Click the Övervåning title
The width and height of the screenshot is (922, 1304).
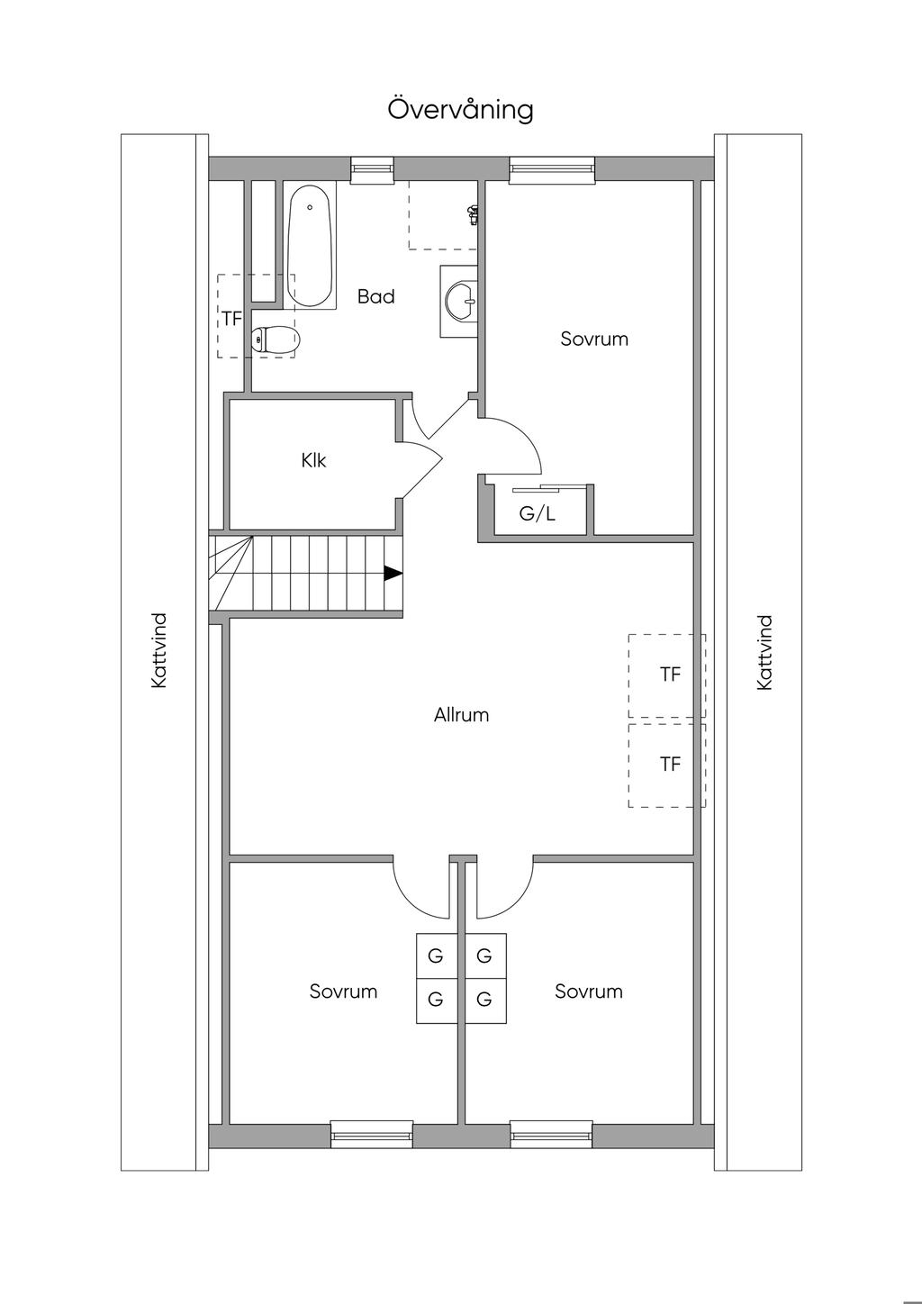pos(460,109)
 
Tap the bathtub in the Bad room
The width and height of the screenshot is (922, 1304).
pos(311,246)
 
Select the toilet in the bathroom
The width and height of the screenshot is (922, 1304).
pos(275,339)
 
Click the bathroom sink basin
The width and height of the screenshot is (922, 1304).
pos(460,301)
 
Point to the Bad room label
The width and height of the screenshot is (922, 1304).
pos(376,296)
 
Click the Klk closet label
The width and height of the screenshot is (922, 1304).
pos(313,460)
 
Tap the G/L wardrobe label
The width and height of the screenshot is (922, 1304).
pos(538,513)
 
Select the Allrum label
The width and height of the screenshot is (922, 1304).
pos(461,715)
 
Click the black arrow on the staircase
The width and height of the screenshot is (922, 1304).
pos(393,574)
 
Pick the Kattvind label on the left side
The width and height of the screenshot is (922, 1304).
pos(158,650)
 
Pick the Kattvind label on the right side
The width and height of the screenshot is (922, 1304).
pos(764,653)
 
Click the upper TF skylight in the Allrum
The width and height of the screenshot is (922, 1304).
pos(667,675)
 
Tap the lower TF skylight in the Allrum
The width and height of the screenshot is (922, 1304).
pos(667,765)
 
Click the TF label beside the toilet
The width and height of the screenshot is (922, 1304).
pos(231,319)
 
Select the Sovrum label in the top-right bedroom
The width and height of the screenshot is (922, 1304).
pos(594,339)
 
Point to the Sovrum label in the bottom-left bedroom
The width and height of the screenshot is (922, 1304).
pos(343,991)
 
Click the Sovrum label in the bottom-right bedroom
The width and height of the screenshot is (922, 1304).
pos(589,991)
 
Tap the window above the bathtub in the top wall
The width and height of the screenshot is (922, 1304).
pos(372,169)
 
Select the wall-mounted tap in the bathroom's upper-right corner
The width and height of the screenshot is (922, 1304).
pos(474,215)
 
